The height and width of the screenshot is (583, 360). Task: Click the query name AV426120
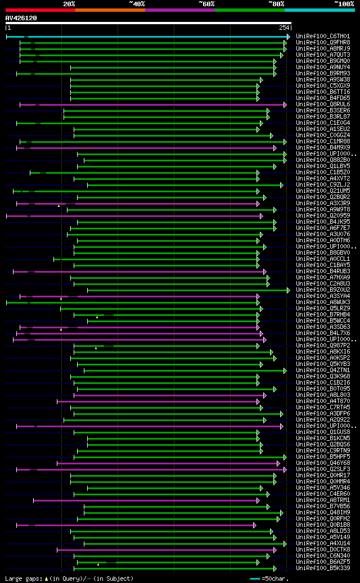(x=21, y=18)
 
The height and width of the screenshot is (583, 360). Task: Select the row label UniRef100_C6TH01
(x=323, y=37)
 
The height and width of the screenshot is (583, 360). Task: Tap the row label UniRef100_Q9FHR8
(x=323, y=43)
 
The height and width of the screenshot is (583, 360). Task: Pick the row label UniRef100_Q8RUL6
(x=323, y=105)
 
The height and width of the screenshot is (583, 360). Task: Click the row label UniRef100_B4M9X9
(x=323, y=148)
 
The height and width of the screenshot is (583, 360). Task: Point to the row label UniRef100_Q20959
(x=323, y=216)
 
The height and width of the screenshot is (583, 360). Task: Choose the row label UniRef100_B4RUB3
(x=323, y=272)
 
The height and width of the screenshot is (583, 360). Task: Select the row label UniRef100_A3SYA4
(x=323, y=296)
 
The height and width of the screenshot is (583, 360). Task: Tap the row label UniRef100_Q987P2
(x=323, y=346)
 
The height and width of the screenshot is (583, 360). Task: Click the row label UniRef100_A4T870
(x=323, y=401)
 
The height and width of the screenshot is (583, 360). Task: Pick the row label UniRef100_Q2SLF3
(x=323, y=469)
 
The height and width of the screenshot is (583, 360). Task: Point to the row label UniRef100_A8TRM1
(x=323, y=500)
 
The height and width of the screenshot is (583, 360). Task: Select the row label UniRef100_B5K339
(x=323, y=568)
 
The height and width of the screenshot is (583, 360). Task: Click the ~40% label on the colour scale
(x=137, y=3)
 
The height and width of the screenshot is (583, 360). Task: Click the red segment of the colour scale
(x=40, y=10)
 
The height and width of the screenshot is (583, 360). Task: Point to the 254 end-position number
(x=284, y=28)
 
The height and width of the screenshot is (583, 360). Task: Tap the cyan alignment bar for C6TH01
(x=146, y=37)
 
